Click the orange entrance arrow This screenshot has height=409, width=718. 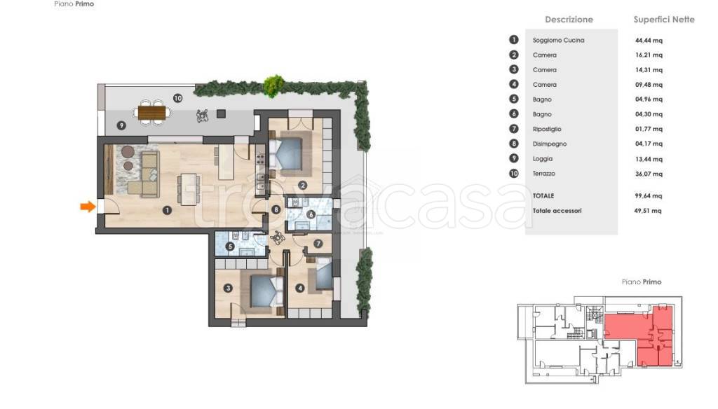click(88, 207)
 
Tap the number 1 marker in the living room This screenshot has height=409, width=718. click(167, 210)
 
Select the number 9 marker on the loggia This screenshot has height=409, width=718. click(121, 125)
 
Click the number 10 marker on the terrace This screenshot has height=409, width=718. click(177, 98)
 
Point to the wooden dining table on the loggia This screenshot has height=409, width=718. click(151, 112)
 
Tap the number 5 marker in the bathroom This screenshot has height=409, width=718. click(230, 247)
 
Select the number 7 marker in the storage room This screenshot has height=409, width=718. click(318, 244)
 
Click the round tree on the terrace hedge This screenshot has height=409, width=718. click(274, 86)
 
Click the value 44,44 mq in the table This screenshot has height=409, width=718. click(649, 40)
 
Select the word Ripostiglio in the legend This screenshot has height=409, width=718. click(547, 129)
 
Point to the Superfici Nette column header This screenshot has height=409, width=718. click(664, 20)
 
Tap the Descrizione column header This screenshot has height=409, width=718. click(569, 20)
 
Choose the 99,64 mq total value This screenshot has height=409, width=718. click(649, 196)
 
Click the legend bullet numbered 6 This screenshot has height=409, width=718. click(514, 114)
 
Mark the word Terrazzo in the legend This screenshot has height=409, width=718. click(544, 174)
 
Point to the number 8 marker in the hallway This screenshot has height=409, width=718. click(276, 209)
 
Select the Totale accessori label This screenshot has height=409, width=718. click(557, 211)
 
